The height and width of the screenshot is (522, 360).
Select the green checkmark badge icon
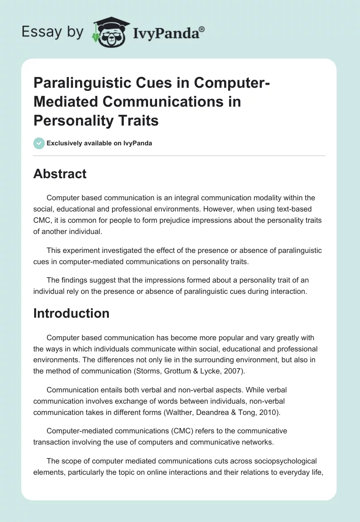[39, 143]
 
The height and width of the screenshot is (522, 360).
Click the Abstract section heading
[60, 174]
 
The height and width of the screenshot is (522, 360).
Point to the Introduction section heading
[71, 313]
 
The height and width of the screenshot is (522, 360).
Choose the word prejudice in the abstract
[182, 221]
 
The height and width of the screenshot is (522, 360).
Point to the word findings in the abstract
[75, 279]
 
